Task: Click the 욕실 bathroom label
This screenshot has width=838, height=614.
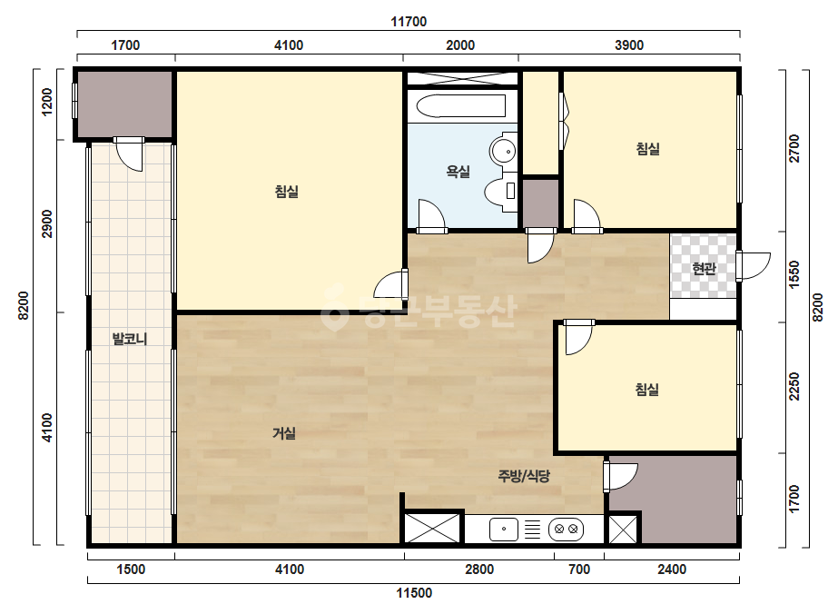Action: tap(458, 172)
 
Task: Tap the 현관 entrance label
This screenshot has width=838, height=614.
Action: tap(704, 268)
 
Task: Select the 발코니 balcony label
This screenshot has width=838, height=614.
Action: tap(130, 339)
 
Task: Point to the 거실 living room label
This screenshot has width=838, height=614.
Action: tap(284, 433)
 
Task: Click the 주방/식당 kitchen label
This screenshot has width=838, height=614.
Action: tap(524, 475)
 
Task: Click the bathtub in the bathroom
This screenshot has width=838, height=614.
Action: tap(460, 106)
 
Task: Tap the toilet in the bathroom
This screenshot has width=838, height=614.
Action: tap(501, 191)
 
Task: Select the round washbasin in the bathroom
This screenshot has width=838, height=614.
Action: tap(502, 151)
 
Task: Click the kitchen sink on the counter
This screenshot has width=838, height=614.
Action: tap(504, 529)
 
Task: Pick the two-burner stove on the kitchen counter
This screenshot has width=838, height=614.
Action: tap(566, 529)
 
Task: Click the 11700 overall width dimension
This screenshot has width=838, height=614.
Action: tap(409, 22)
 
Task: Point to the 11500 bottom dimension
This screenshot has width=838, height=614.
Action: tap(414, 592)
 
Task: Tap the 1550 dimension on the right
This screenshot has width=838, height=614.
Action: tap(794, 274)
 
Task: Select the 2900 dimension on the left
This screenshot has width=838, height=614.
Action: tap(47, 224)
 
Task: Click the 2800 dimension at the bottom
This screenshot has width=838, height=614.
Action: tap(479, 569)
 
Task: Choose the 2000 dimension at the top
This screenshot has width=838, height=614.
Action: tap(460, 45)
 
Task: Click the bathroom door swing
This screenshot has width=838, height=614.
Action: tap(433, 216)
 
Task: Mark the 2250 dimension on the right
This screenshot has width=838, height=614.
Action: tap(794, 386)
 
